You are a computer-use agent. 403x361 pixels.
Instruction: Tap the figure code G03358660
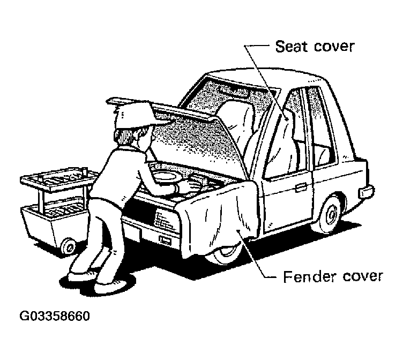click(x=55, y=316)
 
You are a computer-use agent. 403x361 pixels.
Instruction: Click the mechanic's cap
click(x=131, y=112)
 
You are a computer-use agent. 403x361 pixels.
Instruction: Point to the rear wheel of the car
click(x=330, y=212)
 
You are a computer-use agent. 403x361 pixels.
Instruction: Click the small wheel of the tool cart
click(x=69, y=246)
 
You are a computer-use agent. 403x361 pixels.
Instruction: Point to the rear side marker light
click(x=367, y=191)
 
